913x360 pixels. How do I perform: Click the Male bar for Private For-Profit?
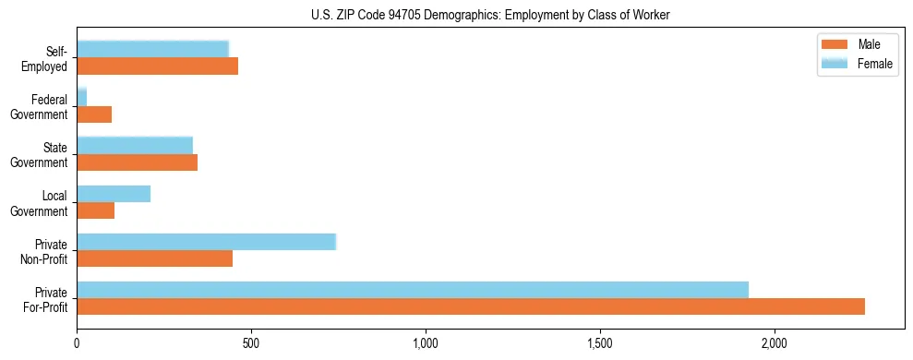(x=471, y=306)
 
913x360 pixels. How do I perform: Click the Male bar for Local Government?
(x=96, y=210)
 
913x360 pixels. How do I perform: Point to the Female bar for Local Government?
(x=114, y=194)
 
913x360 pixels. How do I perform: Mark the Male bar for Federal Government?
(x=94, y=114)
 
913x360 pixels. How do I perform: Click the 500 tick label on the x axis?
(x=251, y=342)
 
